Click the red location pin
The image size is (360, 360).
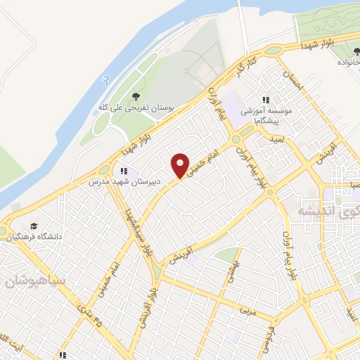pos(181,165)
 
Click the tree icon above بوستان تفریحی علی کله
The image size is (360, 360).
pos(136,96)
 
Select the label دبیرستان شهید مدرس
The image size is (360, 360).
pos(124,181)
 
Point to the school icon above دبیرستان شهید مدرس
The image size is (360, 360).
pos(124,170)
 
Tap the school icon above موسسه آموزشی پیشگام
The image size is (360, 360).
pos(266,101)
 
